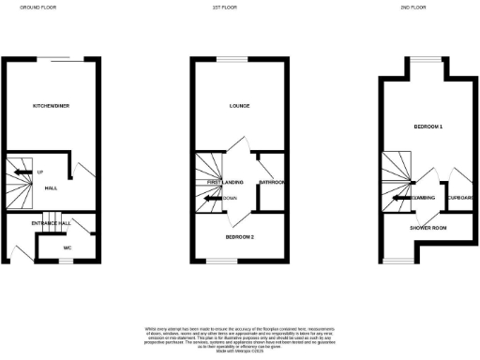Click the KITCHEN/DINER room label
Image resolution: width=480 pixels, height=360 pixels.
pos(51,106)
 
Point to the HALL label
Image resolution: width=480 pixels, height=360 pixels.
pos(51,187)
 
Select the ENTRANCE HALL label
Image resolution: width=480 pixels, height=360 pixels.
pos(51,223)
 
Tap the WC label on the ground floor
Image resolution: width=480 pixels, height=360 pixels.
pos(67,247)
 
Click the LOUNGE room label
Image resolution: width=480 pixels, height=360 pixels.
pos(239,106)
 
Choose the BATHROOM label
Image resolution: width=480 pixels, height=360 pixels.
pos(272,182)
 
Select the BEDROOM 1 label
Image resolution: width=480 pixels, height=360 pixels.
pos(427,125)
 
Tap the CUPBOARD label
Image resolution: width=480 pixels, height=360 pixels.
pos(459,198)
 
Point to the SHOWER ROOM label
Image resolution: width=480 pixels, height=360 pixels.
pos(427,228)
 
